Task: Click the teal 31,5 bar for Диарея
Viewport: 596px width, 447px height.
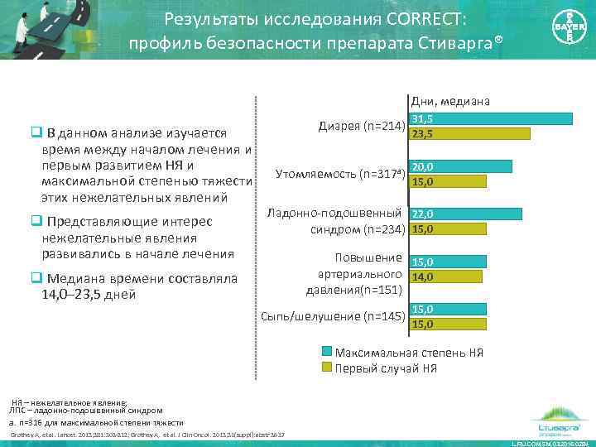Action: [491, 118]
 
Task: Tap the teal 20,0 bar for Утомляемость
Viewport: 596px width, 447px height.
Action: [461, 166]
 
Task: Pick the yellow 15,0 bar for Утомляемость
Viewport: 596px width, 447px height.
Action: [448, 181]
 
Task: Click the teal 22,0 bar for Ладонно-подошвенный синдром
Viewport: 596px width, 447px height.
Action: [466, 214]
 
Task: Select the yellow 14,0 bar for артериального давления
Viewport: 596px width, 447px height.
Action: [446, 277]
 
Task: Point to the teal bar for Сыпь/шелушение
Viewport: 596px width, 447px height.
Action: [448, 309]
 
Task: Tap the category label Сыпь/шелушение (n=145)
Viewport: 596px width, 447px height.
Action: [332, 316]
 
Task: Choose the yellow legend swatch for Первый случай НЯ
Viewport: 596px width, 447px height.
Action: [326, 368]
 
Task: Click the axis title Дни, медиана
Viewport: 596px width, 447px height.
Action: [449, 101]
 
